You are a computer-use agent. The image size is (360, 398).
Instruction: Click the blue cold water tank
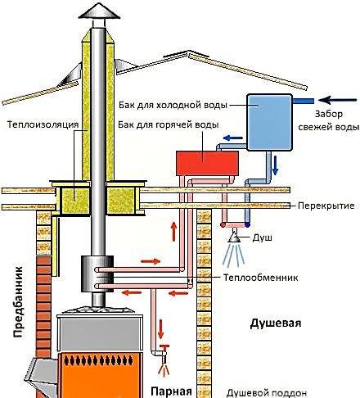pyautogui.click(x=269, y=122)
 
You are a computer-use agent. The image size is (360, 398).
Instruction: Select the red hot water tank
pyautogui.click(x=207, y=163)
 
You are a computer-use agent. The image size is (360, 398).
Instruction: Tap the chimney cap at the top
pyautogui.click(x=99, y=12)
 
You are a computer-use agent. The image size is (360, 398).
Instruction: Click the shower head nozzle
pyautogui.click(x=234, y=238)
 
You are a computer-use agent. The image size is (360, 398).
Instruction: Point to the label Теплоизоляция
pyautogui.click(x=43, y=124)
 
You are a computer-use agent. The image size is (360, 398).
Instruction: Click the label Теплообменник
pyautogui.click(x=261, y=278)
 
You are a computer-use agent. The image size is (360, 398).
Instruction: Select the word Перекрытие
pyautogui.click(x=326, y=206)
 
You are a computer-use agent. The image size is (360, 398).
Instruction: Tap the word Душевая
pyautogui.click(x=276, y=323)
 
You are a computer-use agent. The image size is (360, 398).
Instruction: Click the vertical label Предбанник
pyautogui.click(x=18, y=302)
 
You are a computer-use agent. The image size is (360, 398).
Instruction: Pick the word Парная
pyautogui.click(x=171, y=391)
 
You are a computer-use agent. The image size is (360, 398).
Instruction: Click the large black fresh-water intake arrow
pyautogui.click(x=337, y=100)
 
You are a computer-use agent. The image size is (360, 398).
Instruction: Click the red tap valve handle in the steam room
pyautogui.click(x=164, y=347)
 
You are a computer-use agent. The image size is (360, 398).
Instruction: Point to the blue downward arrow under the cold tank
pyautogui.click(x=275, y=165)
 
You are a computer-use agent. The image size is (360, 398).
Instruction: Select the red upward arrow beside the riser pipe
pyautogui.click(x=173, y=232)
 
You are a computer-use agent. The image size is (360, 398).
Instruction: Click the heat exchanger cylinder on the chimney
pyautogui.click(x=97, y=274)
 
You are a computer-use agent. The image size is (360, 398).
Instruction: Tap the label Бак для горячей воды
pyautogui.click(x=169, y=124)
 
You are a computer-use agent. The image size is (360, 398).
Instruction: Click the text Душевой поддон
pyautogui.click(x=267, y=393)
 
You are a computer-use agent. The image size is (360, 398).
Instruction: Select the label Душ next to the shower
pyautogui.click(x=262, y=237)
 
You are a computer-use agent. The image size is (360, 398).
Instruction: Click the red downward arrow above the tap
pyautogui.click(x=161, y=329)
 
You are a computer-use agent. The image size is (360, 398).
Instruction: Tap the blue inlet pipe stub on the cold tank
pyautogui.click(x=303, y=101)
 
